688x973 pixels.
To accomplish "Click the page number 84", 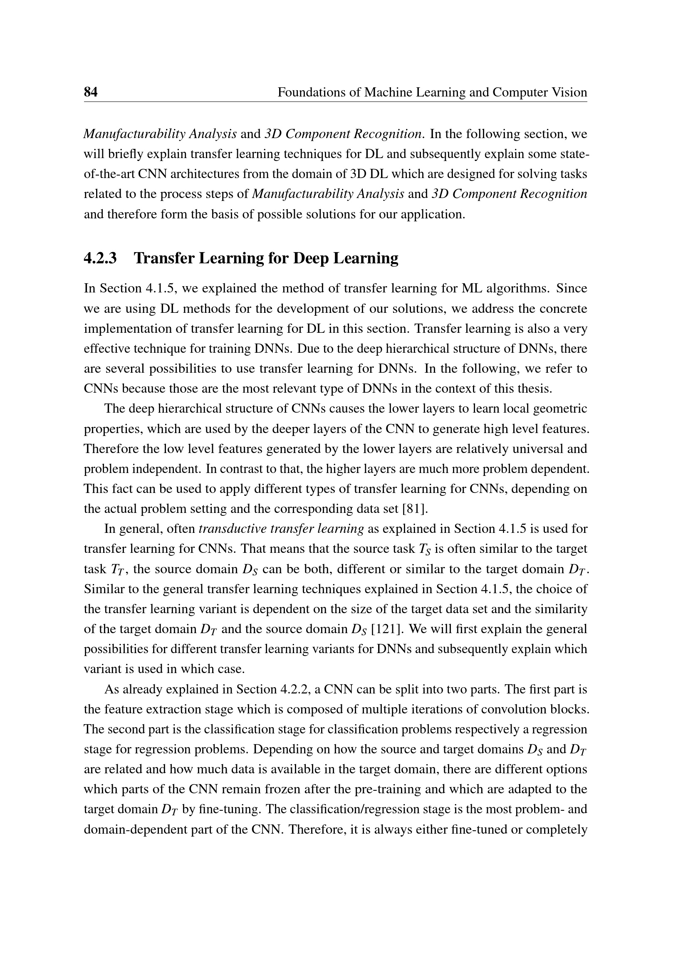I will (x=91, y=92).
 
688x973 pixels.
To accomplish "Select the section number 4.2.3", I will (x=100, y=258).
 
